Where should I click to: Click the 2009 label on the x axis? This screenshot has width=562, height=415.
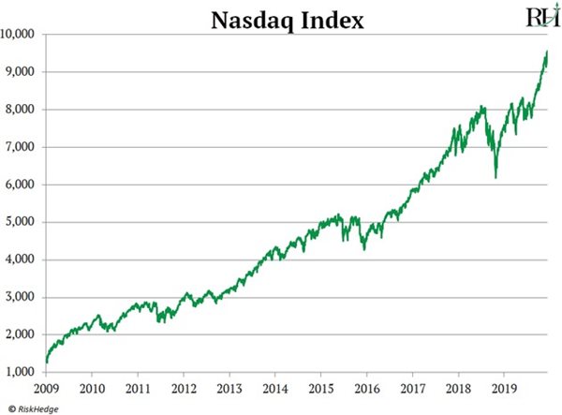pos(46,386)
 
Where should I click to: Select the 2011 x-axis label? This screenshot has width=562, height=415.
pos(138,386)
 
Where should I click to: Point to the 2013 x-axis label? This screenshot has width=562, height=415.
pos(229,386)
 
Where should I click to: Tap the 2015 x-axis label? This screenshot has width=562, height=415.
pos(321,386)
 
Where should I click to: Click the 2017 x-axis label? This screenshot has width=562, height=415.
pos(412,386)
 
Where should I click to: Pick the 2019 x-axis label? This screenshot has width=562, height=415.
pos(504,386)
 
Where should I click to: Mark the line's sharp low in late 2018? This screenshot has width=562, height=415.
pos(495,177)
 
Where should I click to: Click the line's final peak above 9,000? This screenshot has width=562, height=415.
pos(546,52)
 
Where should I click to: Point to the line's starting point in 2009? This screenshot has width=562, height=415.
pos(46,361)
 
